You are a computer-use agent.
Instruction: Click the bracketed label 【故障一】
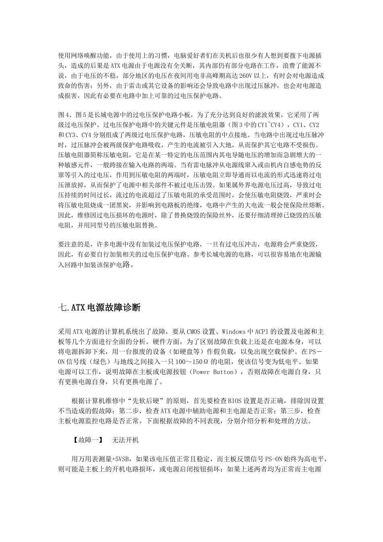(86, 440)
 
